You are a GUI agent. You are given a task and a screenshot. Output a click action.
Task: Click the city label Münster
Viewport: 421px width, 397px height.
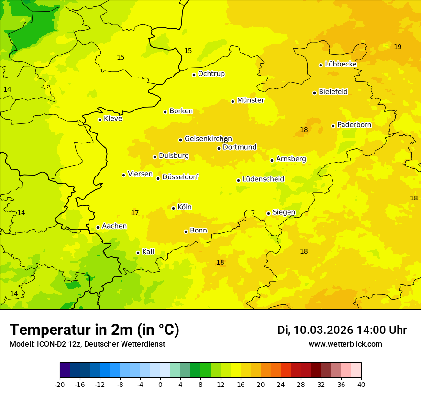[x=251, y=100]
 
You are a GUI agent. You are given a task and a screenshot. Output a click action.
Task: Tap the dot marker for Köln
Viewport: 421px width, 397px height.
[x=173, y=208]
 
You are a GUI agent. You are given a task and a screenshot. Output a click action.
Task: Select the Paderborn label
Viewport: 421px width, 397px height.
[x=354, y=125]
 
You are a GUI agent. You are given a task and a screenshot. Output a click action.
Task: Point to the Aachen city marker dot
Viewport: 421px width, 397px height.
[x=98, y=227]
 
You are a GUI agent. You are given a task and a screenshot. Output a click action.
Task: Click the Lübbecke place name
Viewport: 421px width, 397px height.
[x=341, y=64]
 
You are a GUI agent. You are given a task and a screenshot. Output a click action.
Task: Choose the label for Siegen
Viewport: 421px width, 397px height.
[x=284, y=212]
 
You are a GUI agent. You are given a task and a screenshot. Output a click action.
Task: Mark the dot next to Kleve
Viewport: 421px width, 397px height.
[x=100, y=120]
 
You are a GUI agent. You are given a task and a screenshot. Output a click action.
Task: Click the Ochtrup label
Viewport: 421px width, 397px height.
[x=211, y=74]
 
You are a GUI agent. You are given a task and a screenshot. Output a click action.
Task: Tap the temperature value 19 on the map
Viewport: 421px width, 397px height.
[x=398, y=47]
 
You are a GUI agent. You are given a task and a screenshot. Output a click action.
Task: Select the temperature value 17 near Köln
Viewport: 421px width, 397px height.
[x=135, y=213]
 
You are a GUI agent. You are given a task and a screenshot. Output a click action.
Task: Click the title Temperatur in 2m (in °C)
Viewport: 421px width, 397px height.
[x=94, y=330]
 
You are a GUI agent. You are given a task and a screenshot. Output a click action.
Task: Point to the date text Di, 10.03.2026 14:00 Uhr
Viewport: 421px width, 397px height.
[x=342, y=330]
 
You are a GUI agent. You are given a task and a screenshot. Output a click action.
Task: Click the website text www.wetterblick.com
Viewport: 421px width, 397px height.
[x=345, y=344]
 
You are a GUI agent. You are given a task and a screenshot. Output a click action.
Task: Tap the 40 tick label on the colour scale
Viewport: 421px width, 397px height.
[x=361, y=384]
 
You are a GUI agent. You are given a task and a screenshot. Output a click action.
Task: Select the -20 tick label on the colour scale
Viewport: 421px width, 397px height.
[x=60, y=384]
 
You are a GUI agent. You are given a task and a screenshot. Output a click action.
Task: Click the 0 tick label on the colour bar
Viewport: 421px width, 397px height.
[x=160, y=384]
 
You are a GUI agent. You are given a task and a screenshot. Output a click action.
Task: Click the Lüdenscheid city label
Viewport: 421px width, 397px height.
[x=263, y=179]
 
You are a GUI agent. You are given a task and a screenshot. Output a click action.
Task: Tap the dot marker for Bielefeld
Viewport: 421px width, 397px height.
[x=314, y=93]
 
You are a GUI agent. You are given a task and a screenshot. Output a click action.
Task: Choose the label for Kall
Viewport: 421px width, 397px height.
[x=148, y=252]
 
